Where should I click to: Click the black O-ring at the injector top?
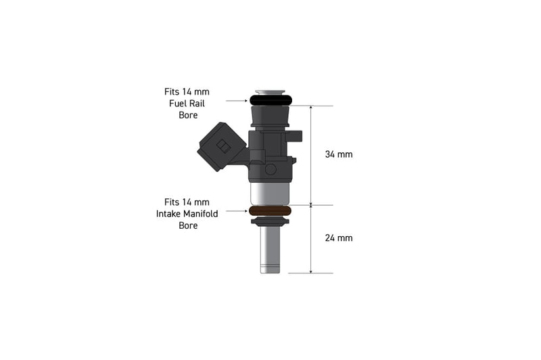pyautogui.click(x=270, y=100)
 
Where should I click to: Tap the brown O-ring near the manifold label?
pyautogui.click(x=270, y=211)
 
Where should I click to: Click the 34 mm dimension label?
pyautogui.click(x=339, y=154)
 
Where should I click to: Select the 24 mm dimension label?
pyautogui.click(x=339, y=238)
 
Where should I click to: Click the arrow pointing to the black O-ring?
pyautogui.click(x=237, y=101)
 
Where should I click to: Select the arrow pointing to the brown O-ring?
pyautogui.click(x=237, y=211)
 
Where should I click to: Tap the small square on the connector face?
pyautogui.click(x=222, y=145)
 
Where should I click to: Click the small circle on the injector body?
pyautogui.click(x=270, y=169)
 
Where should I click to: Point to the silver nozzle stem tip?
pyautogui.click(x=270, y=267)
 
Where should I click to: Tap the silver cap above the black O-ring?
pyautogui.click(x=270, y=92)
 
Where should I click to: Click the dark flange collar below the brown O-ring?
pyautogui.click(x=270, y=221)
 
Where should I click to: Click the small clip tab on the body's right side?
pyautogui.click(x=296, y=136)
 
